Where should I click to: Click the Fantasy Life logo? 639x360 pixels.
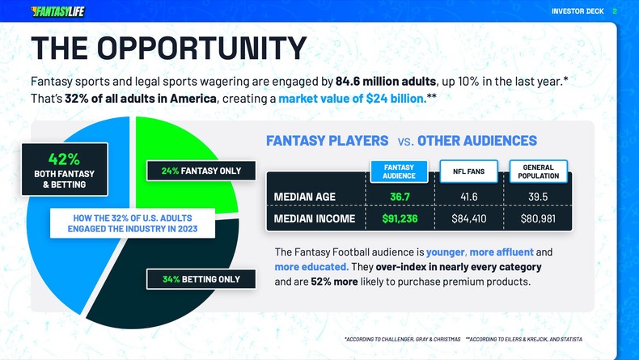tap(57, 11)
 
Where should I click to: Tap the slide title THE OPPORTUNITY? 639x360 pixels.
tap(168, 49)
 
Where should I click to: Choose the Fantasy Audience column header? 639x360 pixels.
tap(399, 172)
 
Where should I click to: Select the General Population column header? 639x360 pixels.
tap(538, 172)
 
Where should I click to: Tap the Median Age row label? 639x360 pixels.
tap(305, 197)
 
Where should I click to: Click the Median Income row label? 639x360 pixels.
tap(315, 218)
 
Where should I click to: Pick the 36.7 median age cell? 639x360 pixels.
tap(400, 197)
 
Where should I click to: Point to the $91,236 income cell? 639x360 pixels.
tap(400, 218)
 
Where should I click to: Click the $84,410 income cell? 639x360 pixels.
tap(468, 218)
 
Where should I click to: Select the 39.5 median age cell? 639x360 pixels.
tap(538, 197)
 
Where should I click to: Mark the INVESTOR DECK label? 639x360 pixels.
tap(578, 11)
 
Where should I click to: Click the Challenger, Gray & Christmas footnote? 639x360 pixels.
tap(402, 339)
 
